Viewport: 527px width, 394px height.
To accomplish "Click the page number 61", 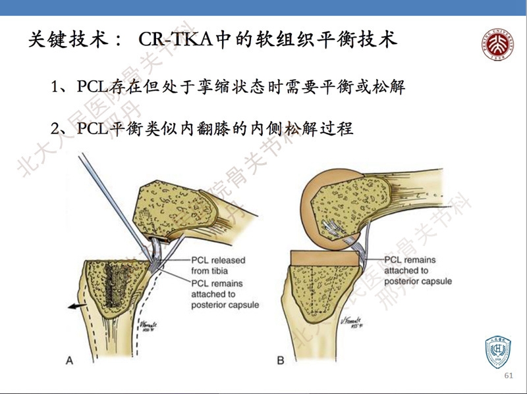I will tap(507, 376).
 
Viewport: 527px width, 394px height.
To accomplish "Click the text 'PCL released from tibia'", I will tap(217, 264).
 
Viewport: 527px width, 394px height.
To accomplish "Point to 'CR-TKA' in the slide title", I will tap(177, 39).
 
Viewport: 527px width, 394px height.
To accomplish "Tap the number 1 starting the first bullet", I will tap(56, 87).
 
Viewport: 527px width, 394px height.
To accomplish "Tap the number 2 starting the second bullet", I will tap(56, 128).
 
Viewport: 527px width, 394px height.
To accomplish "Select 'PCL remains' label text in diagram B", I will tap(411, 260).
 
